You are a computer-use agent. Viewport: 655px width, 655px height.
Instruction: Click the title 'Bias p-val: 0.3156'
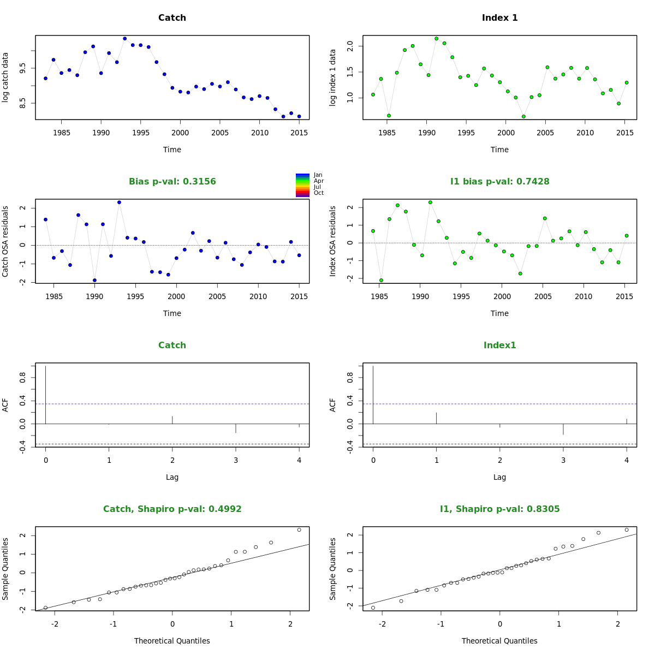point(172,182)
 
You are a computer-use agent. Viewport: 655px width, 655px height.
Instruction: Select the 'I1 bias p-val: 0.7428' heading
point(499,182)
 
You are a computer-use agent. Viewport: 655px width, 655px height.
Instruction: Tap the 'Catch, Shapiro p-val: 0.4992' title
point(172,509)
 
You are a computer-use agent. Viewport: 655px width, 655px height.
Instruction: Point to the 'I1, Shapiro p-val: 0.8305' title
point(499,509)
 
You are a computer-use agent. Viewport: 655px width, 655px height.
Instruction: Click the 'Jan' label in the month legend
point(318,175)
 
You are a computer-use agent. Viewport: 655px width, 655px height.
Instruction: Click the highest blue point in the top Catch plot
point(125,39)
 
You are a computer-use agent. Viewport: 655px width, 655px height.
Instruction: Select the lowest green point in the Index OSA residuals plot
point(381,280)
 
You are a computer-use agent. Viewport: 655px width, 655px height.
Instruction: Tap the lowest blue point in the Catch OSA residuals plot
point(94,280)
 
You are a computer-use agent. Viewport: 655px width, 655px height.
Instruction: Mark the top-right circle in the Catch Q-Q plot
point(299,529)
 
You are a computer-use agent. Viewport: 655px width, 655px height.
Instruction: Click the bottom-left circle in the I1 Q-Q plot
point(373,608)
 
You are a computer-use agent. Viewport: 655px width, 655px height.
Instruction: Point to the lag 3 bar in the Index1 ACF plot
point(563,429)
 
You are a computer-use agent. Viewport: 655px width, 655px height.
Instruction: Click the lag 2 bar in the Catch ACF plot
point(172,420)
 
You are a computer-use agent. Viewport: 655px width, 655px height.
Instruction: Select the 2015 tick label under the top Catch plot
point(299,133)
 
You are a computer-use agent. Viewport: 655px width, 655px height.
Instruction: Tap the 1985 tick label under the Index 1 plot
point(387,133)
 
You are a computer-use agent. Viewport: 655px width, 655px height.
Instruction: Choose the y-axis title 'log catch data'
point(5,77)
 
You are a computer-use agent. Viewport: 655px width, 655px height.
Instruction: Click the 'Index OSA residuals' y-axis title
point(333,241)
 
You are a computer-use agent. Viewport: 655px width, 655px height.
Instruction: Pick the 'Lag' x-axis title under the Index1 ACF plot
point(499,477)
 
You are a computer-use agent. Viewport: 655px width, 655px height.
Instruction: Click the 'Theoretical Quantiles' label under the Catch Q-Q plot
point(172,641)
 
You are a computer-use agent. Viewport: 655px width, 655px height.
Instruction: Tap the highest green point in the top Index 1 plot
point(436,39)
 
